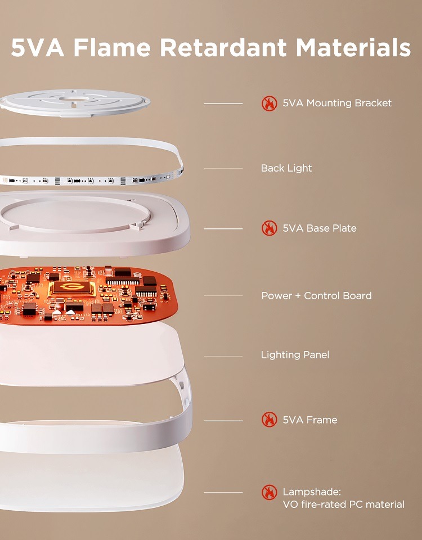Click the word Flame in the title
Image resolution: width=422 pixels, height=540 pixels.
112,48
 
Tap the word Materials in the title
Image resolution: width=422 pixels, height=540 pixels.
353,48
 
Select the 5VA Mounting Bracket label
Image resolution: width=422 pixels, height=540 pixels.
337,103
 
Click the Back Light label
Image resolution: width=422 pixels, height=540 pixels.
286,168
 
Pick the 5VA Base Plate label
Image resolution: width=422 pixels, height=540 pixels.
319,228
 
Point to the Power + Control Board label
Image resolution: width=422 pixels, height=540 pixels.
316,295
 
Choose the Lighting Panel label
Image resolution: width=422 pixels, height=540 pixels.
295,355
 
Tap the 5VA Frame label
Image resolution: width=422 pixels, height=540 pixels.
310,420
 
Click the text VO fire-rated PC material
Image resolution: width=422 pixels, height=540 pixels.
343,505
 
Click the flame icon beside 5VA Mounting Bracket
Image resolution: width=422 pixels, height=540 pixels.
270,103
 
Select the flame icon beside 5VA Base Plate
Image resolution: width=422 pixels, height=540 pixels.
270,228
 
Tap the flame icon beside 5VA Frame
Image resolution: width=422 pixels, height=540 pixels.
270,420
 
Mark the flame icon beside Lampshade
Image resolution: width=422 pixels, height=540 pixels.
270,492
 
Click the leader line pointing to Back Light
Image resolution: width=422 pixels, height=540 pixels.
223,168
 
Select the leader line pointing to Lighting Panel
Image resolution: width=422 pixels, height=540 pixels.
223,355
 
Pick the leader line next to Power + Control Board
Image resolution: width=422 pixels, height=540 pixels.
223,296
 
